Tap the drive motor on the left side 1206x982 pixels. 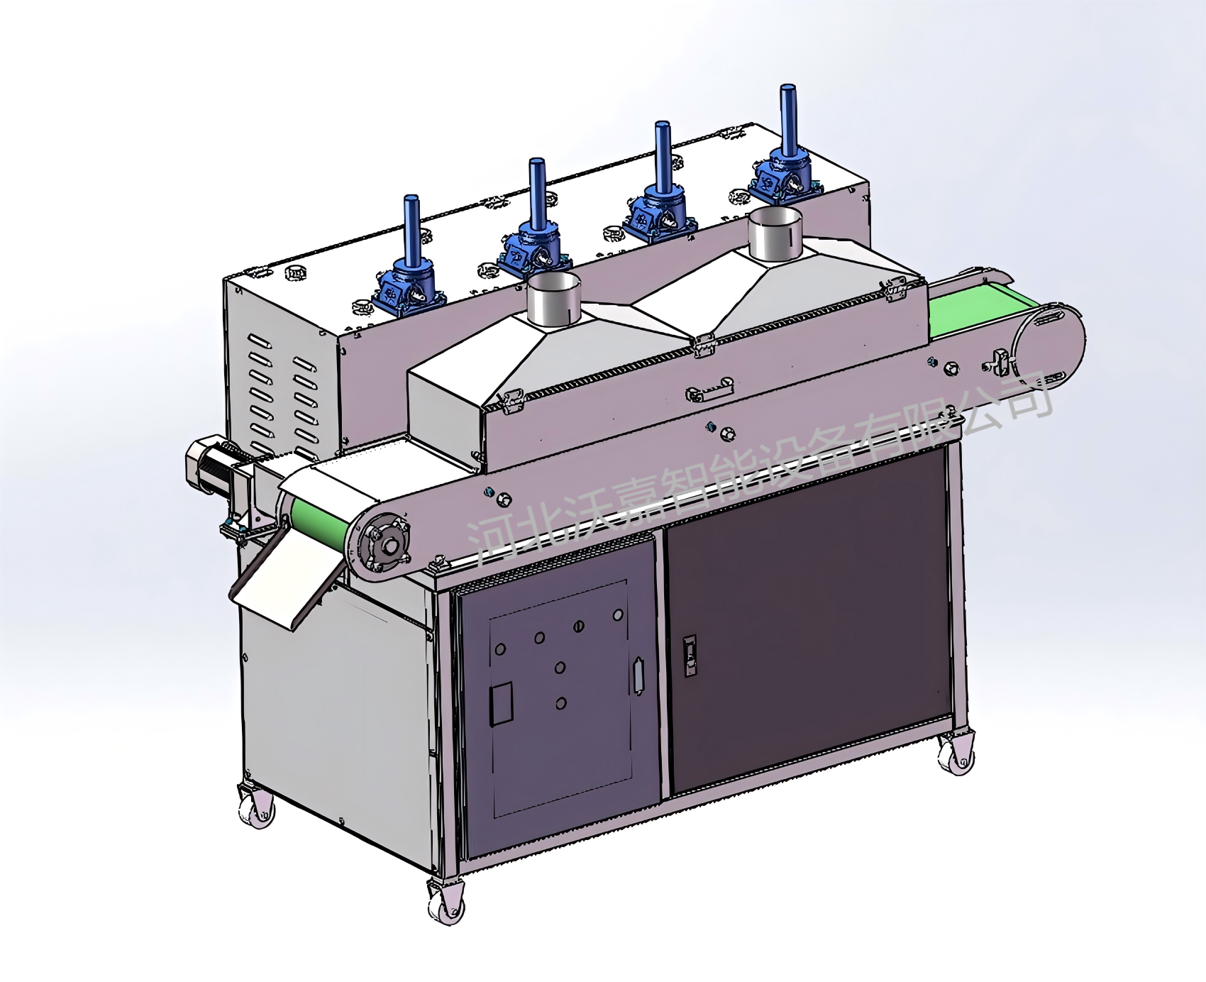pos(213,469)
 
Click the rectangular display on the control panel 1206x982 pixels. pos(501,702)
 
